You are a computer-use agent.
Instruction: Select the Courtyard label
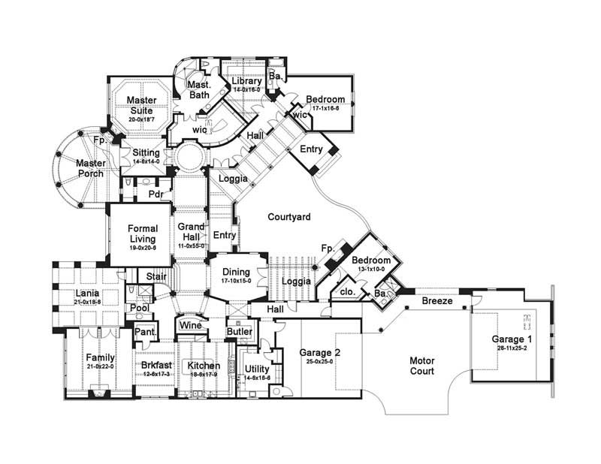pos(289,217)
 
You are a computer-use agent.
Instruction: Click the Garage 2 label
pos(321,352)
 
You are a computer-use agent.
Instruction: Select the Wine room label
pos(189,326)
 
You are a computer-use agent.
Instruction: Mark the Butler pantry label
pos(240,331)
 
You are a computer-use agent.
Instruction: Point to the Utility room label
pos(257,368)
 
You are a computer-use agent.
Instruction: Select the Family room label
pos(100,357)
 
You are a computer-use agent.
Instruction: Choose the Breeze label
pos(436,300)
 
